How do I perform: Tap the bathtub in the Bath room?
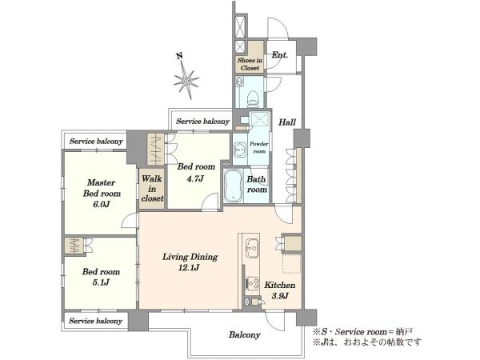tap(234, 186)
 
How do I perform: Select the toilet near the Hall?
tap(253, 98)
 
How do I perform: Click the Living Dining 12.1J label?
tap(190, 262)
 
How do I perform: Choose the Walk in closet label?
tap(152, 188)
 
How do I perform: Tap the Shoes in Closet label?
tap(250, 64)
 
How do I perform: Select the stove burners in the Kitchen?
tap(253, 284)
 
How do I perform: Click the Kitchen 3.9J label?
tap(280, 290)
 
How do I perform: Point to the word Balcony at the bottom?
tap(245, 334)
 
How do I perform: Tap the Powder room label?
tap(258, 147)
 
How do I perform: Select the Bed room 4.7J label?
tap(196, 172)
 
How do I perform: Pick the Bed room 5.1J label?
tap(101, 277)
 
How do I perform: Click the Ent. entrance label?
tap(280, 55)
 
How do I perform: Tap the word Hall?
tap(287, 122)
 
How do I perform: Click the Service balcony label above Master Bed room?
tap(96, 141)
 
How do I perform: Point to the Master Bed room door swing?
tap(129, 221)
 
